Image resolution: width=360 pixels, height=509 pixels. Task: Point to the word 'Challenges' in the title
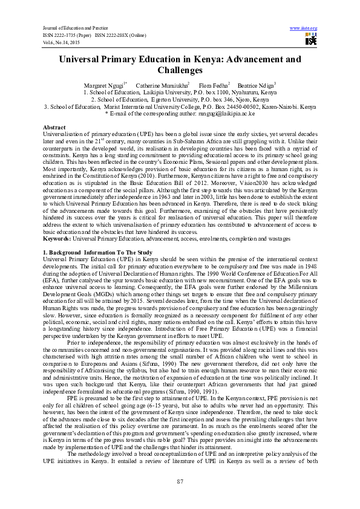tap(180, 70)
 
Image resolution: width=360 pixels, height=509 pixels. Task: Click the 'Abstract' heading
tap(54, 128)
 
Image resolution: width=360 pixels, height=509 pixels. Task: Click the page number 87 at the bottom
tap(180, 481)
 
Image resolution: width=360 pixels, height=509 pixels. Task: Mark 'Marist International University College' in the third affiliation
tap(169, 106)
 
